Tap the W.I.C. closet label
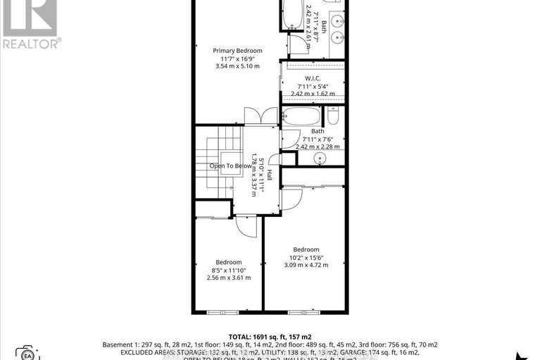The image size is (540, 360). click(313, 78)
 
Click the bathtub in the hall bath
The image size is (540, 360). click(303, 116)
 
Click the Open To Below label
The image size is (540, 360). click(230, 166)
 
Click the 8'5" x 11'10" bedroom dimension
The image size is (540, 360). click(228, 270)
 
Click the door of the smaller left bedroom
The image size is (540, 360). click(243, 226)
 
